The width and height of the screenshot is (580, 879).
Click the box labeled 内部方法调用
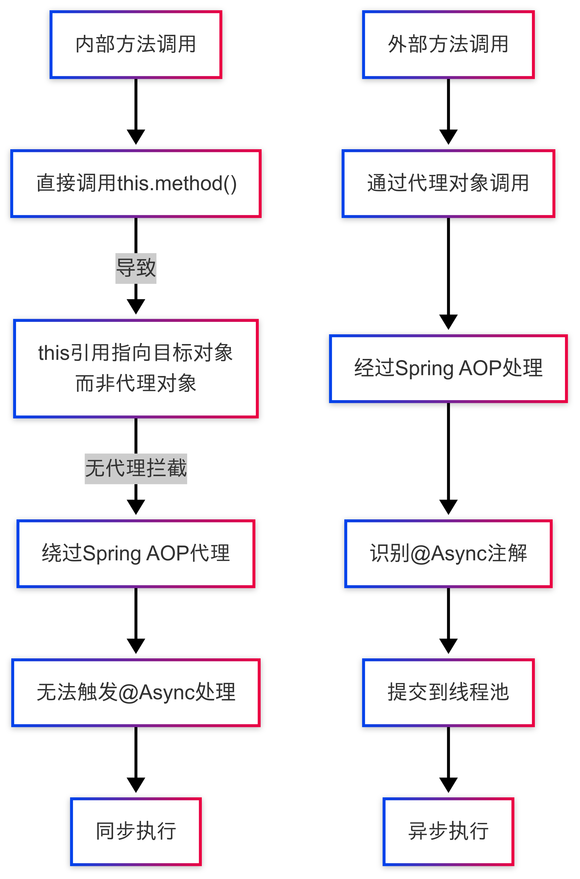[136, 45]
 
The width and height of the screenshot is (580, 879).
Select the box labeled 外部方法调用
[448, 45]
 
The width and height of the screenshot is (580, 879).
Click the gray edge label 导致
[136, 268]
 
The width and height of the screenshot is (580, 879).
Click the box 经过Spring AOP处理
[448, 369]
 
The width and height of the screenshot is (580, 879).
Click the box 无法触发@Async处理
[136, 693]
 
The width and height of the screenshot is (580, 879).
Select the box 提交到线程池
[448, 693]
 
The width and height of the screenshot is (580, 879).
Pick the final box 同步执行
[136, 832]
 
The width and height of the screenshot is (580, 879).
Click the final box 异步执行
[448, 832]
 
